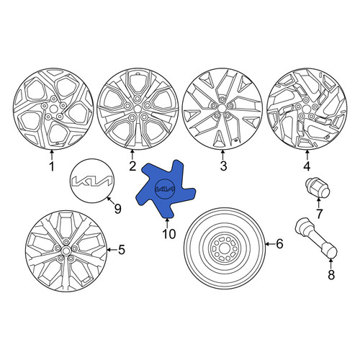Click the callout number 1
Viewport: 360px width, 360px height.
point(52,166)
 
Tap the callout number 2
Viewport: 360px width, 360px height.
point(132,166)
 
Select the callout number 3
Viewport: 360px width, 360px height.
point(223,166)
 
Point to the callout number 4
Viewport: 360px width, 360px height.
point(307,166)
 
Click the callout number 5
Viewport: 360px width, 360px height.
point(122,250)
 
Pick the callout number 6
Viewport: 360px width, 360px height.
point(279,244)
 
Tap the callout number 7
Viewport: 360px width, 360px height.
point(319,214)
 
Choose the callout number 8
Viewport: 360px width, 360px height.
point(331,275)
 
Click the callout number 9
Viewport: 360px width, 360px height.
point(117,209)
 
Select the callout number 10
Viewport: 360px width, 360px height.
point(169,234)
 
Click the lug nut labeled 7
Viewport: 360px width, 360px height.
point(317,188)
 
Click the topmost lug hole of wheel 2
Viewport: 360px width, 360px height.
point(137,98)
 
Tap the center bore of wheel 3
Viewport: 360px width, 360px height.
point(222,107)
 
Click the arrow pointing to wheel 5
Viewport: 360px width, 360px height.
point(112,250)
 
